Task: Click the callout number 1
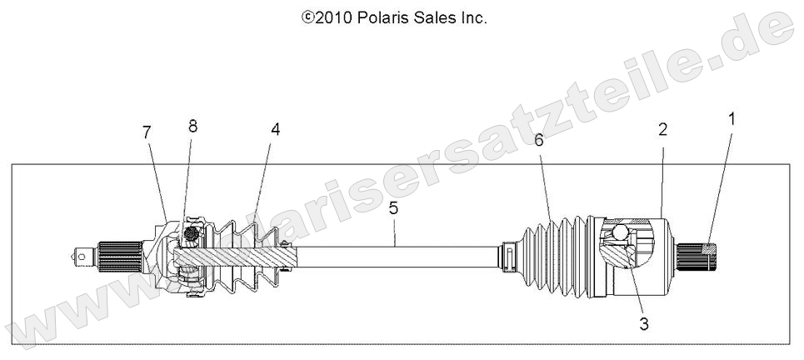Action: click(732, 119)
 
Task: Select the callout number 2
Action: click(662, 129)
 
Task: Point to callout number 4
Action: click(274, 130)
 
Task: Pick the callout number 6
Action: click(538, 141)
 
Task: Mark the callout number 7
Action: click(147, 132)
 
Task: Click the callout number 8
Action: click(192, 126)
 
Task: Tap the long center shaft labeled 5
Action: click(400, 255)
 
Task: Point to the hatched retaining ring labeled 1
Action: click(708, 247)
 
